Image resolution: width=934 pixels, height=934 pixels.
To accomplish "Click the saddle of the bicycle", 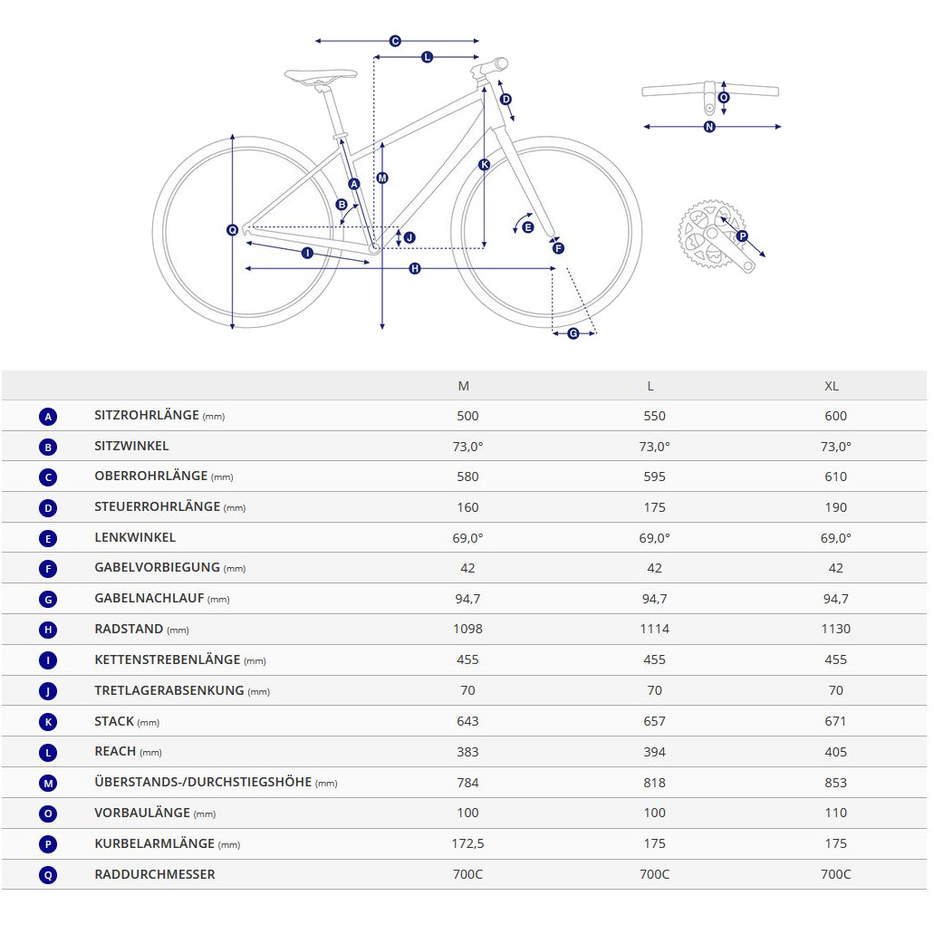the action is coord(321,76).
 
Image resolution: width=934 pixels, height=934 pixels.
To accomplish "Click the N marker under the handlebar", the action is coord(708,127).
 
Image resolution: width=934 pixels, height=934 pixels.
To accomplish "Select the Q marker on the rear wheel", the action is coord(232,230).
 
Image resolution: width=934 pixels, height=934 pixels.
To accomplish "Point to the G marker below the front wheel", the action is coord(573,333).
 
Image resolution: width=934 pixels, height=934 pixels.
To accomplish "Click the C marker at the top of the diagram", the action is coord(395,41).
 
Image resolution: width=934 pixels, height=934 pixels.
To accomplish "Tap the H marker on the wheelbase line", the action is coord(415,269).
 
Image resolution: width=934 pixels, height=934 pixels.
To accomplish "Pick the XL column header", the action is coord(832,386).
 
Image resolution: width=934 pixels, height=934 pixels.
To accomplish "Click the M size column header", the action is coord(464,386).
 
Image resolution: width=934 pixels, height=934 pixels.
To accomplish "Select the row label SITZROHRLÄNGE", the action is coord(147,415).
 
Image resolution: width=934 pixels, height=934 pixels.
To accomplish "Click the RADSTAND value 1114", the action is coord(655,629).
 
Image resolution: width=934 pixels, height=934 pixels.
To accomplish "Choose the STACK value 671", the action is coord(836,721).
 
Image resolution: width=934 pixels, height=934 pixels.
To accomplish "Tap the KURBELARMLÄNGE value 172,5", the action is coord(467,844).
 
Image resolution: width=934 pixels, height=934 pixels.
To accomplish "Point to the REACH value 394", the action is coord(655,752).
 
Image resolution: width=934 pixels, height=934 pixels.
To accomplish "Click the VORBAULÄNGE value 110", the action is coord(836,814).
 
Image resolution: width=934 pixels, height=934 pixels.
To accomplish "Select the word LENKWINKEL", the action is coord(135,537).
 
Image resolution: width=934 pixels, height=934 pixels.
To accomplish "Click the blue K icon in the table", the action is coord(48,722).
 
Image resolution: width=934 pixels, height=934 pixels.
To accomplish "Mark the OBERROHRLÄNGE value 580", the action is coord(467,477).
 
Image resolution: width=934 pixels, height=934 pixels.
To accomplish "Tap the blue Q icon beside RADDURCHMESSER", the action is coord(48,875).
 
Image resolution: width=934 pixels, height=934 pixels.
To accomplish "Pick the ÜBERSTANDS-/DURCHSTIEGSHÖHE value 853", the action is coord(836,783).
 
